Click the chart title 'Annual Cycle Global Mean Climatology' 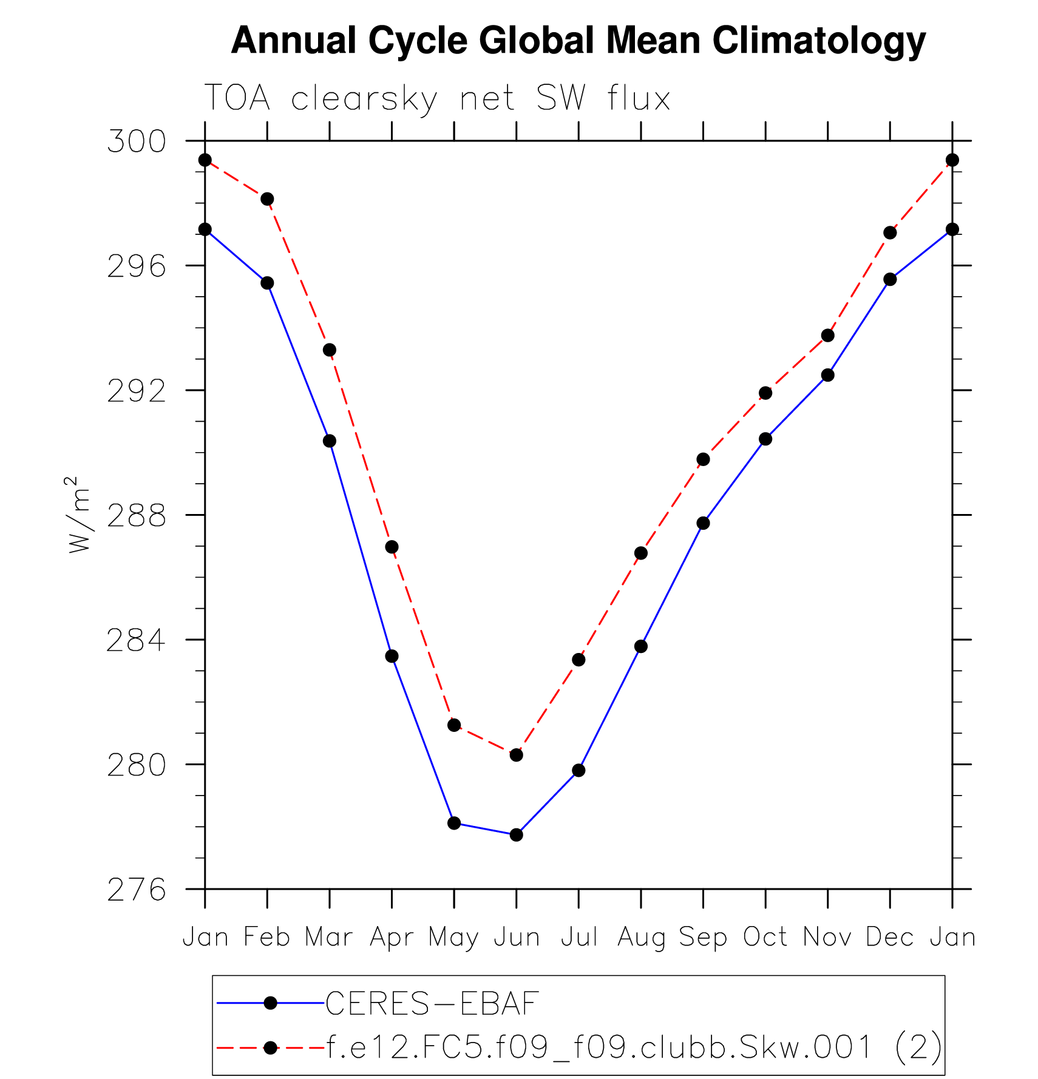pyautogui.click(x=578, y=41)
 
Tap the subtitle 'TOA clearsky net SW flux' pyautogui.click(x=437, y=98)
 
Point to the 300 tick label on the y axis pyautogui.click(x=137, y=141)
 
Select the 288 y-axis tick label pyautogui.click(x=137, y=516)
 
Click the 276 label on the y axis pyautogui.click(x=137, y=890)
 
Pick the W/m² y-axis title pyautogui.click(x=79, y=515)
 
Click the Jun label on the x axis pyautogui.click(x=517, y=937)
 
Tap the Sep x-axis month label pyautogui.click(x=703, y=937)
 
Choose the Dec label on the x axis pyautogui.click(x=890, y=937)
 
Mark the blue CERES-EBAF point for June pyautogui.click(x=517, y=835)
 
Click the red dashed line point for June pyautogui.click(x=517, y=755)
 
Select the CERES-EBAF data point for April pyautogui.click(x=392, y=656)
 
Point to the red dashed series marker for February pyautogui.click(x=267, y=199)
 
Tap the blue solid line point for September pyautogui.click(x=703, y=523)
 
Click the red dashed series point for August pyautogui.click(x=641, y=553)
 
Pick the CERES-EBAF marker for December pyautogui.click(x=890, y=279)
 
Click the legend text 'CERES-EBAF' pyautogui.click(x=432, y=1004)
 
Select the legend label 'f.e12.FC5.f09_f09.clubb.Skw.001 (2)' pyautogui.click(x=634, y=1047)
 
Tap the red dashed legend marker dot pyautogui.click(x=271, y=1047)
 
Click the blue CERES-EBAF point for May pyautogui.click(x=454, y=823)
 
